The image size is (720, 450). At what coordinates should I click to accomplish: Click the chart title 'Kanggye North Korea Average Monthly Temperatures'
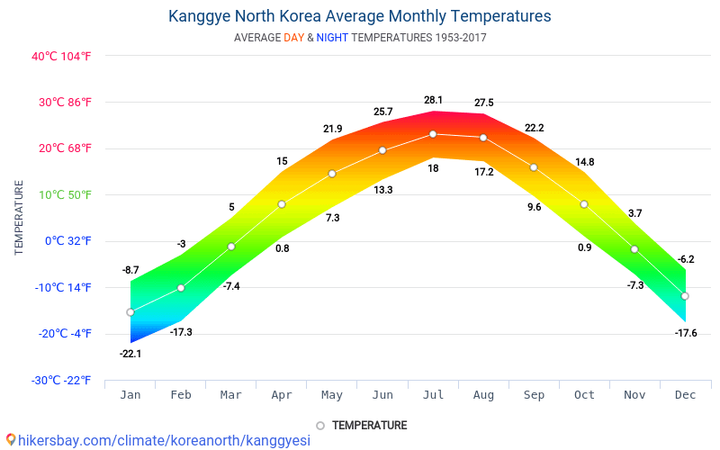click(x=360, y=16)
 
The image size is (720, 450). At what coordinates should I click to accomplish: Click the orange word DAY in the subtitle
click(x=293, y=38)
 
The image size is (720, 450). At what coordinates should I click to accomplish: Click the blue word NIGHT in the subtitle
click(x=332, y=38)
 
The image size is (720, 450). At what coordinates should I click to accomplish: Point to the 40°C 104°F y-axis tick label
click(x=62, y=56)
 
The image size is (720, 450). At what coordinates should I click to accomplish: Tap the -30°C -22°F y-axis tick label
click(x=62, y=380)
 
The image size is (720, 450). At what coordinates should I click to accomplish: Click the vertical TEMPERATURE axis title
click(x=19, y=218)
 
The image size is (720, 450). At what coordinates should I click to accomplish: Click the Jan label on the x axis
click(x=130, y=394)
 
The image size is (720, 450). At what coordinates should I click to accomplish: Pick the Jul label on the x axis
click(x=433, y=394)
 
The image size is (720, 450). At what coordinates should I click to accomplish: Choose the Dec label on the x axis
click(x=685, y=394)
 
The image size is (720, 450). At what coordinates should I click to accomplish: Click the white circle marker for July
click(x=433, y=134)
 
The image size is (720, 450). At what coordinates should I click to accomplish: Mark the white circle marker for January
click(x=130, y=312)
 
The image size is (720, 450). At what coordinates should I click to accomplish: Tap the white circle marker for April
click(x=282, y=204)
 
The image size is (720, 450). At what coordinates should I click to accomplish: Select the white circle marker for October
click(x=584, y=204)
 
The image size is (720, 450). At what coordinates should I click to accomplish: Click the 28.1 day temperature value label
click(x=433, y=100)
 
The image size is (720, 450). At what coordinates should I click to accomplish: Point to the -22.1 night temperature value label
click(x=130, y=354)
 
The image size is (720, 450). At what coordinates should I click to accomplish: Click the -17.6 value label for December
click(x=685, y=333)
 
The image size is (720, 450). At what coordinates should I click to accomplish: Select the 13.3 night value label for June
click(x=382, y=190)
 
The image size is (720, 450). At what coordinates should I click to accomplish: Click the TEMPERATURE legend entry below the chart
click(x=369, y=425)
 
